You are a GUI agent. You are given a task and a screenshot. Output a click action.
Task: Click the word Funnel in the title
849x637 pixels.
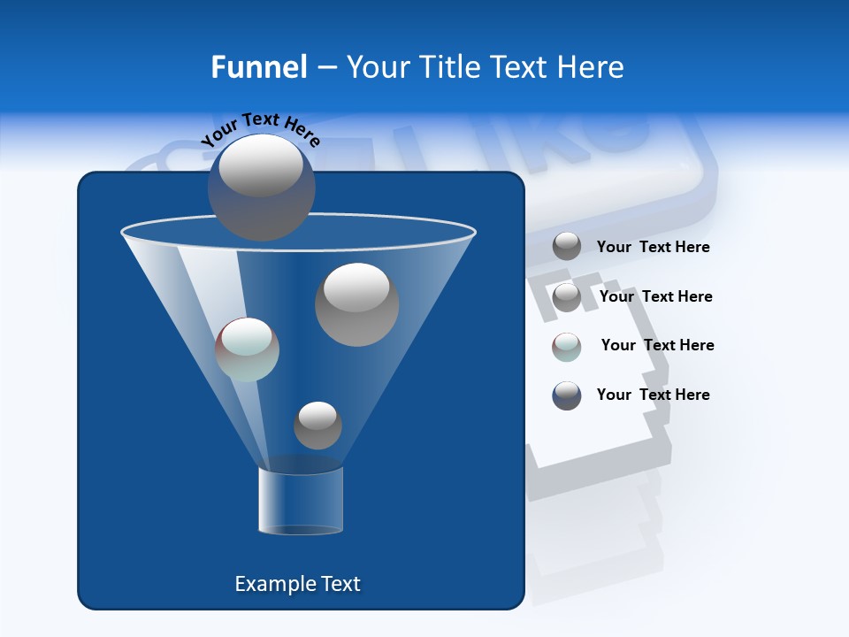point(258,67)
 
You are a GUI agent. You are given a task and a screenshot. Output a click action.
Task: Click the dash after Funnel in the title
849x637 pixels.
point(325,67)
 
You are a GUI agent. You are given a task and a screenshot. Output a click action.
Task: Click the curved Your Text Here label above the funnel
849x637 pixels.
point(260,127)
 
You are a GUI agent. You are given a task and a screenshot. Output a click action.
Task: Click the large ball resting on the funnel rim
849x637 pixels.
point(261,186)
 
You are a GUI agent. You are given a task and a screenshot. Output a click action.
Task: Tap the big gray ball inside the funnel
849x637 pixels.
point(356,304)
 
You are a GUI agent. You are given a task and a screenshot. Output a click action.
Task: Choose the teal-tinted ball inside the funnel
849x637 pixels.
point(248,349)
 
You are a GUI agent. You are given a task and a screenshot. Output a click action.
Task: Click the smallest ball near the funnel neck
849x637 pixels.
point(317,425)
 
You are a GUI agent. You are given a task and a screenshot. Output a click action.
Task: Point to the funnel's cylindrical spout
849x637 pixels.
point(301,501)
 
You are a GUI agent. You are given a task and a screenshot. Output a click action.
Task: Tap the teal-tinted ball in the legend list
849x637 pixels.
point(567,347)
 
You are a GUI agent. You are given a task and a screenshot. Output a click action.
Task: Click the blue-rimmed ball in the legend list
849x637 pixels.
point(567,395)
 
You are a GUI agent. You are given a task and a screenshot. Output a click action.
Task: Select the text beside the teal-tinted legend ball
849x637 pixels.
point(657,345)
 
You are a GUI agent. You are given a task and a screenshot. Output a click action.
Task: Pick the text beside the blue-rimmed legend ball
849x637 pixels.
point(653,395)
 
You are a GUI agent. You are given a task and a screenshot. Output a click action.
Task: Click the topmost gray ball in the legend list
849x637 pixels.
point(567,246)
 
